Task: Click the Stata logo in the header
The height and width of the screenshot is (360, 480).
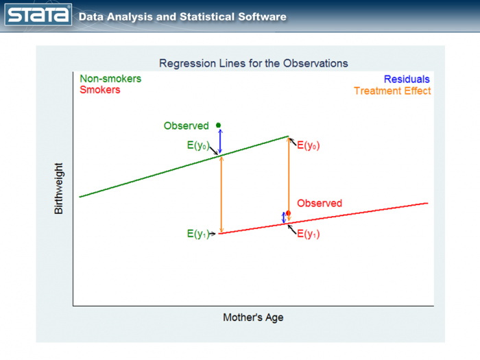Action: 39,16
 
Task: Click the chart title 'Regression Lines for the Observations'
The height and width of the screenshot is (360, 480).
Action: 253,63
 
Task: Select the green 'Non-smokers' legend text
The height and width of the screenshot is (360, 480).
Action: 110,79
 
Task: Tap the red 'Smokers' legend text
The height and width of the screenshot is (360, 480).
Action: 99,90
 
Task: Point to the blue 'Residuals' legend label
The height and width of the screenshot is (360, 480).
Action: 407,80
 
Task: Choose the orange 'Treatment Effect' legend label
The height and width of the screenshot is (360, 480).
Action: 392,91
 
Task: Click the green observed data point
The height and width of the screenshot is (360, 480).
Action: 219,125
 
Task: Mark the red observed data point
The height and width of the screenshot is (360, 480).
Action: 288,213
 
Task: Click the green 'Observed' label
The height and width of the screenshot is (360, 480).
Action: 186,126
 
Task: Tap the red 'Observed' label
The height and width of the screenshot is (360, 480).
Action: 320,204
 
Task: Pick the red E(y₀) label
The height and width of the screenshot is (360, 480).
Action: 309,145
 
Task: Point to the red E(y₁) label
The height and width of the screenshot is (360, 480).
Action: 309,234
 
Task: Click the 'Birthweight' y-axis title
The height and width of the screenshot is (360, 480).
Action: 58,188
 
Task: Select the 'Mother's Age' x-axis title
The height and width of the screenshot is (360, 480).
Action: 253,317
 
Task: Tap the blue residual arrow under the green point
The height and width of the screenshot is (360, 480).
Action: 220,141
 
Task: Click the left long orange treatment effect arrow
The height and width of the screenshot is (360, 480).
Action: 221,195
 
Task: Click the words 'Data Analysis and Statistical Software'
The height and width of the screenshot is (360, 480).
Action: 182,16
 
